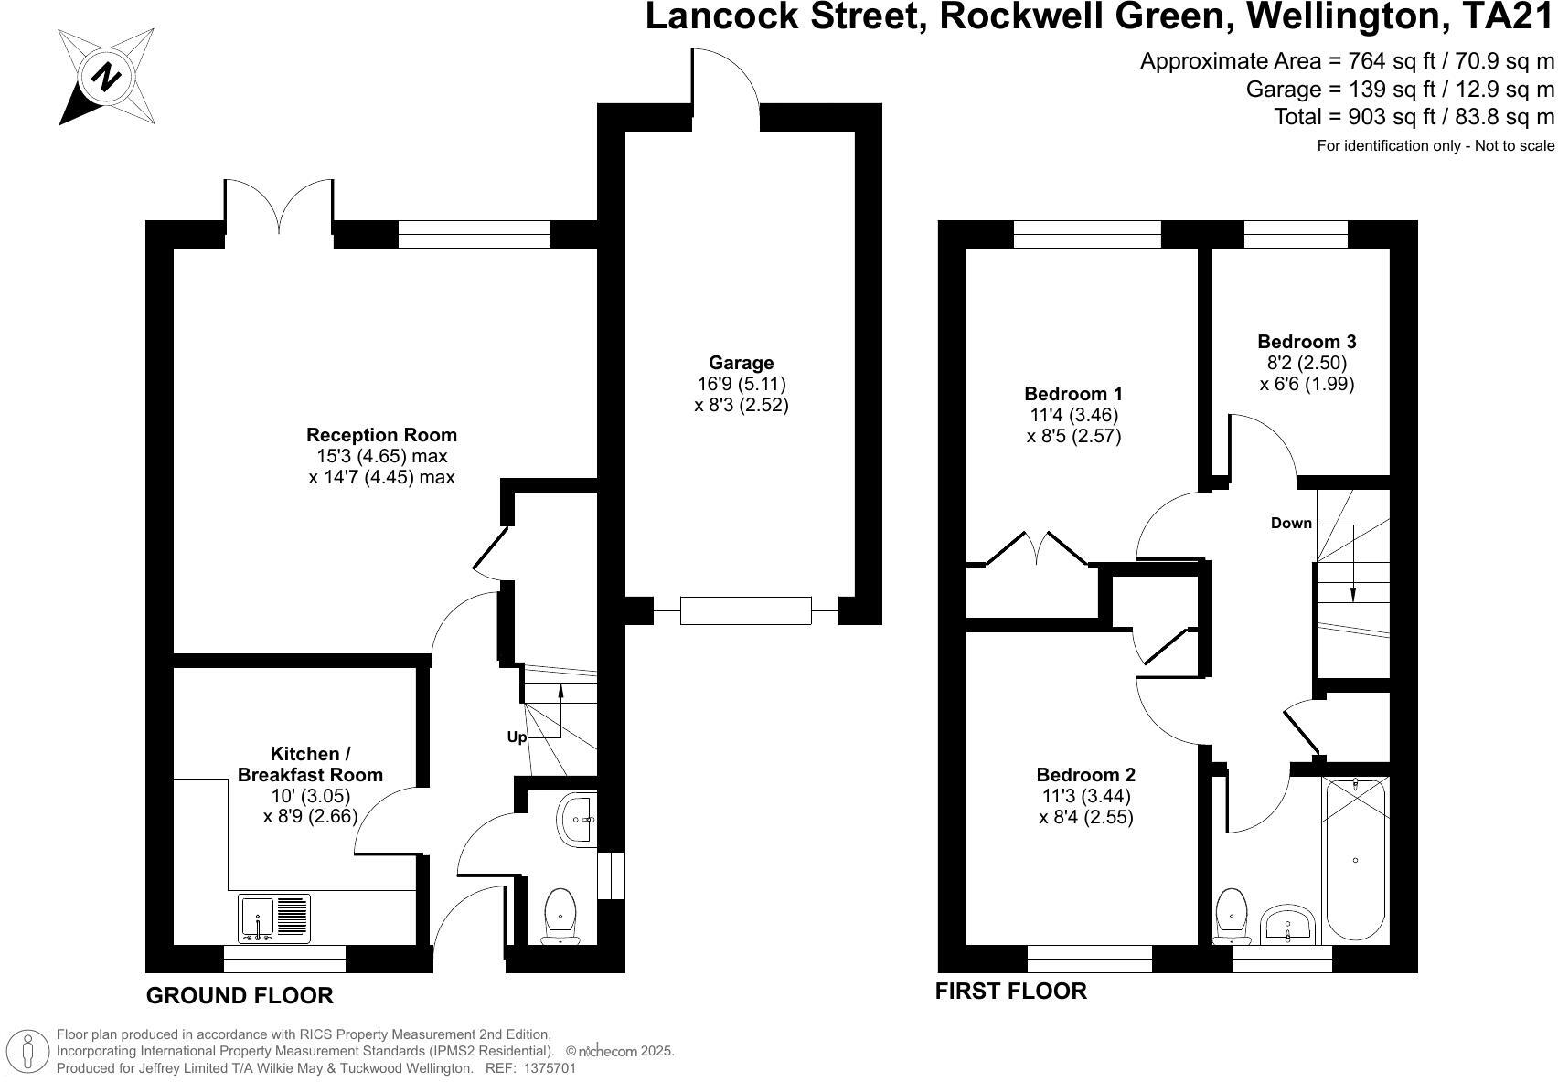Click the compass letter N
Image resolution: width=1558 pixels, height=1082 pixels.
coord(107,76)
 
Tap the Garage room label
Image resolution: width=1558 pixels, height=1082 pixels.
coord(741,363)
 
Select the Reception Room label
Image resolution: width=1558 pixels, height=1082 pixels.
coord(381,435)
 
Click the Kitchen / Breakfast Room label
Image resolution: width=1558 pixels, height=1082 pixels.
coord(310,764)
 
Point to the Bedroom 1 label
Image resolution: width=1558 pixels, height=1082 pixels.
coord(1073,394)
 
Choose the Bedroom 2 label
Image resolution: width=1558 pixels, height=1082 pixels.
coord(1086,775)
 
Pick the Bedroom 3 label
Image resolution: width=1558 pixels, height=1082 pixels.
coord(1307,342)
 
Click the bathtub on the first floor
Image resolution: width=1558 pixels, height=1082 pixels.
coord(1355,859)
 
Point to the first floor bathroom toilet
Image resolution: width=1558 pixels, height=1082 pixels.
coord(1233,915)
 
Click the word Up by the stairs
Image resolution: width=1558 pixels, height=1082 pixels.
coord(517,737)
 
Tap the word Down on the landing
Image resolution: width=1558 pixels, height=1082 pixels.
coord(1291,524)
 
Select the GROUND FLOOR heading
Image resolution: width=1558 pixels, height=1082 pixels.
coord(240,995)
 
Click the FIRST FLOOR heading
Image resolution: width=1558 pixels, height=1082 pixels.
coord(1010,991)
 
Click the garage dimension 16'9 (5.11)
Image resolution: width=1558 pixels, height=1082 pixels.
coord(741,384)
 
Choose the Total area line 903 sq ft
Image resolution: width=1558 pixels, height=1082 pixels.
coord(1414,117)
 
